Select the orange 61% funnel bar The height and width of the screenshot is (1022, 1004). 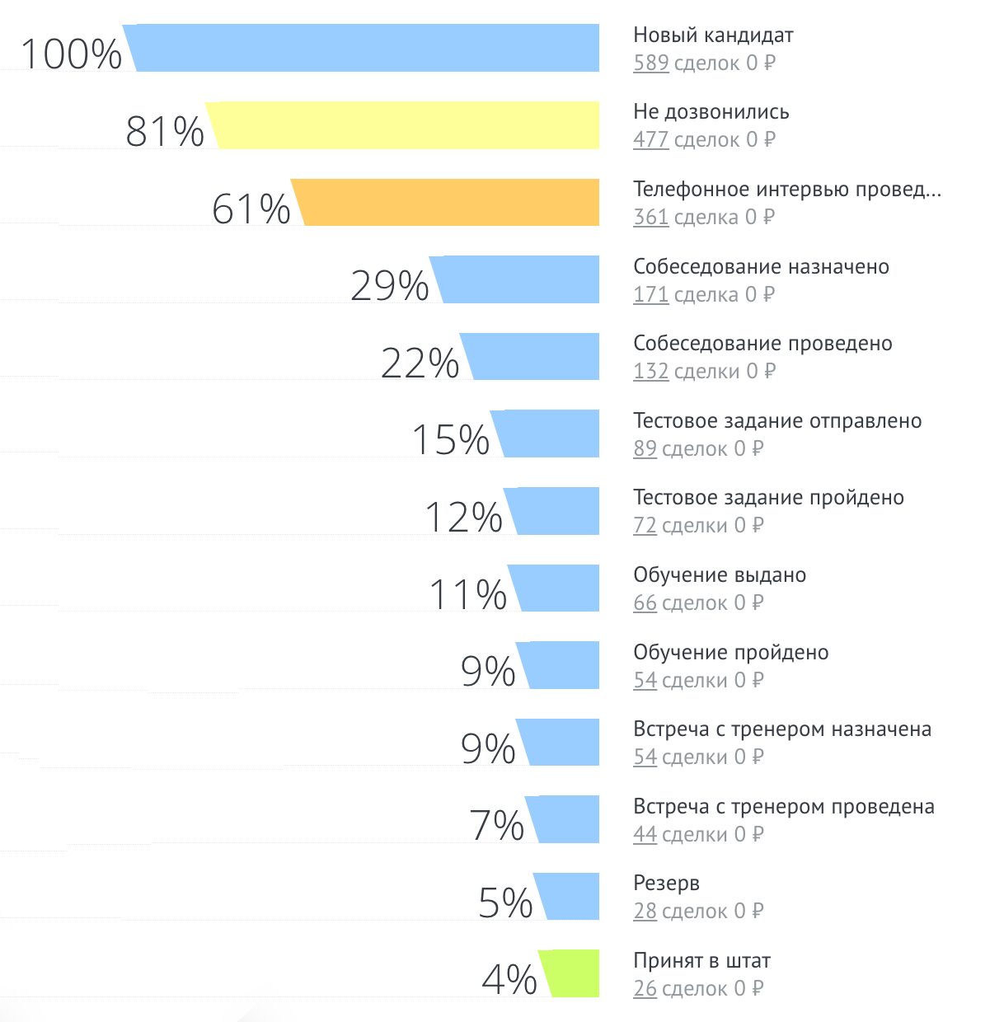[x=449, y=202]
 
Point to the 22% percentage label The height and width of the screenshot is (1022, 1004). [x=420, y=363]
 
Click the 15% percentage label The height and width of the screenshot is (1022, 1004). [x=450, y=439]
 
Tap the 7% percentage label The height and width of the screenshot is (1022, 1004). [x=496, y=825]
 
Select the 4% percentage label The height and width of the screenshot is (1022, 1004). [x=509, y=979]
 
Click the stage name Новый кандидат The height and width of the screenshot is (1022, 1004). [x=713, y=35]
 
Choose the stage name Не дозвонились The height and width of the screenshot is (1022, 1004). [x=711, y=112]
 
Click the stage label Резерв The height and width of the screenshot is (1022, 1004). [x=666, y=884]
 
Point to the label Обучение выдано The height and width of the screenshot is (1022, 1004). [x=719, y=575]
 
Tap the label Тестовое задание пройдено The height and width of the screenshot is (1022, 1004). [x=768, y=498]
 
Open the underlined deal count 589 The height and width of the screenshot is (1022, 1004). [x=650, y=63]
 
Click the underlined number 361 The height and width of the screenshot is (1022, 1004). [x=650, y=218]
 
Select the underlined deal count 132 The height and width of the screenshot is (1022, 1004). [x=650, y=372]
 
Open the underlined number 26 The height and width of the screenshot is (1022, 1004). [x=645, y=988]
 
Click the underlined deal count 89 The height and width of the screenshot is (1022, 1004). [x=645, y=449]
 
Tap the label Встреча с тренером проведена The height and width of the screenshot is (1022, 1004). [x=783, y=807]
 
